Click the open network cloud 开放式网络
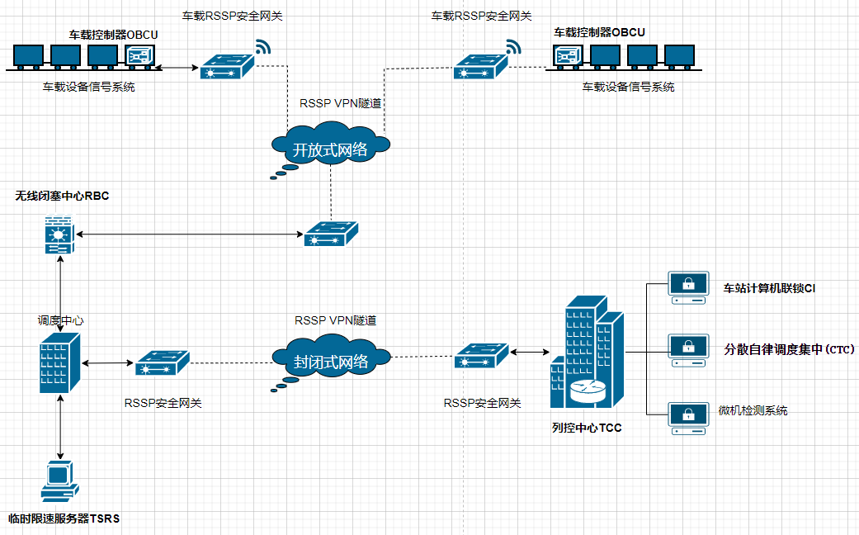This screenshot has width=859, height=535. (330, 149)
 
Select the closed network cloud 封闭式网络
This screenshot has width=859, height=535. (330, 360)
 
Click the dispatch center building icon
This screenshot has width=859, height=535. (60, 363)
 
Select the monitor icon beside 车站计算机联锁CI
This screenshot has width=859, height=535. (688, 288)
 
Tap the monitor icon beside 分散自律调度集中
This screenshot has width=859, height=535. (688, 349)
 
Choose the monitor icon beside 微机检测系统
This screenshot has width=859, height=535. (688, 417)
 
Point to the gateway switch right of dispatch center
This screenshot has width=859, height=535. (162, 362)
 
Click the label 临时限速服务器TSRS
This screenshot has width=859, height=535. (64, 518)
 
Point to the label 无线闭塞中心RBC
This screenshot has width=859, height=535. (62, 196)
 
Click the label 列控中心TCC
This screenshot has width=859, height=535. (587, 428)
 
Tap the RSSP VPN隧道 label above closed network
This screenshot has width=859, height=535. (335, 320)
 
